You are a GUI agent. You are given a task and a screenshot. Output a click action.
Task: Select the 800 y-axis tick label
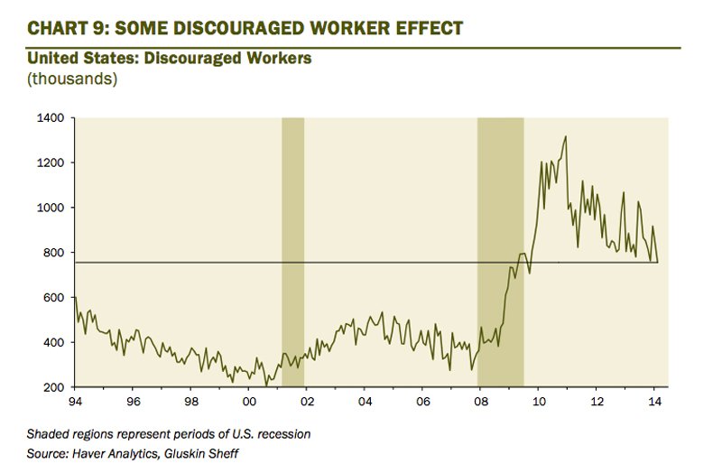point(52,254)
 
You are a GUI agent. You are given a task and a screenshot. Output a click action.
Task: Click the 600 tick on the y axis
point(52,298)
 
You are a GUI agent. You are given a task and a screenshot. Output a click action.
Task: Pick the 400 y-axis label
point(52,343)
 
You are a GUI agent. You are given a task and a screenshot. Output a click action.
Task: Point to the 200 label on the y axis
point(52,388)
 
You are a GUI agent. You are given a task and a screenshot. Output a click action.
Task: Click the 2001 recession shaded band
point(292,253)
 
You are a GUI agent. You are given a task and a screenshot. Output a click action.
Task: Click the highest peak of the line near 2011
point(565,137)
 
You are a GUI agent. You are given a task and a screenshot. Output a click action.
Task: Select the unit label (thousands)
point(72,79)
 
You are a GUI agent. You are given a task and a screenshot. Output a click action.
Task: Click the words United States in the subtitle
point(76,59)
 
